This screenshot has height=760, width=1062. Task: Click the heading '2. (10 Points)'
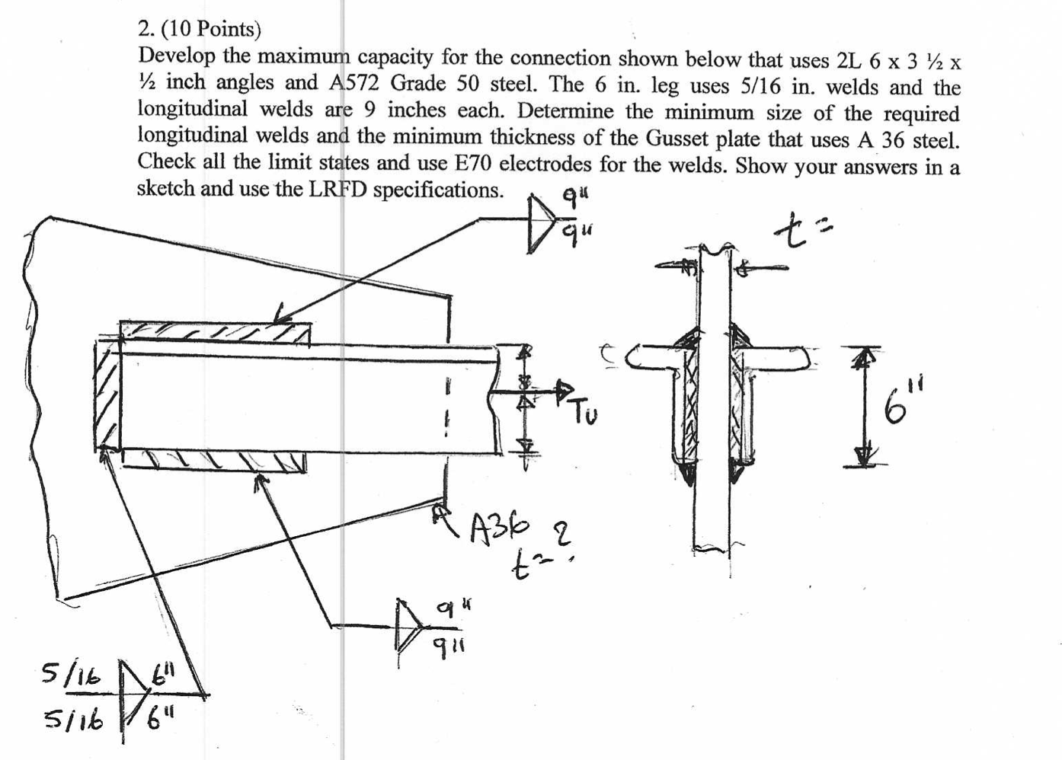click(x=200, y=29)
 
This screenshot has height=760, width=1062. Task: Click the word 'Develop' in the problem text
click(x=171, y=56)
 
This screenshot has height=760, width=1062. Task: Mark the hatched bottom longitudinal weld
click(x=213, y=459)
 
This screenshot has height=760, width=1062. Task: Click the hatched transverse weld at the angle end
click(x=107, y=396)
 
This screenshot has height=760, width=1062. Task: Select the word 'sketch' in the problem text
click(x=165, y=189)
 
